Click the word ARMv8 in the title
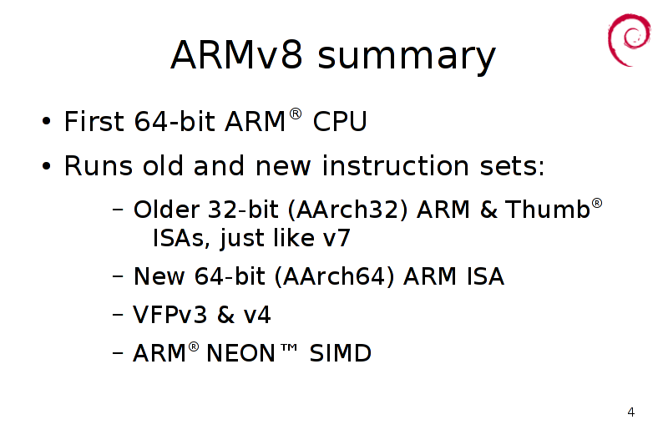click(236, 55)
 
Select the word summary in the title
click(407, 58)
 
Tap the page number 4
click(631, 412)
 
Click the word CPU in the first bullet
click(340, 122)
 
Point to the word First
click(94, 121)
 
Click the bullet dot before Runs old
click(47, 166)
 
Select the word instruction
click(395, 165)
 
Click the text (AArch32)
click(347, 210)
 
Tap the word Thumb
click(548, 209)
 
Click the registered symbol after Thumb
click(597, 203)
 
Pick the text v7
click(337, 238)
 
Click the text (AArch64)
click(335, 276)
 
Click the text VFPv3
click(170, 315)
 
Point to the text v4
click(257, 316)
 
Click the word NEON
click(240, 353)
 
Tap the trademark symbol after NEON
click(289, 347)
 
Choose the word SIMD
click(341, 353)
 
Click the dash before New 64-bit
click(118, 276)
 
